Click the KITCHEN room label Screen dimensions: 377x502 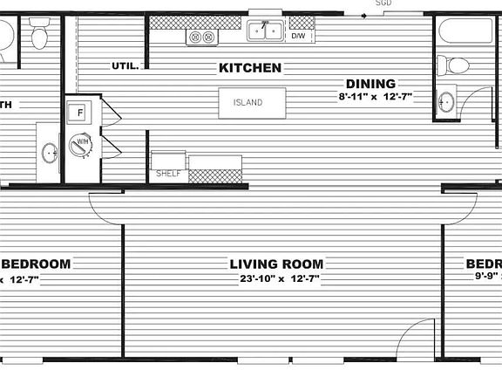coord(249,67)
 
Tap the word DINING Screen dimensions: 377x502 coord(370,84)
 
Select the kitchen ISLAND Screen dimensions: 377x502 coord(252,103)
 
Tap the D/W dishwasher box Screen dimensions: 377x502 coord(298,37)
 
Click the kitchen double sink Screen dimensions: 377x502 coord(265,31)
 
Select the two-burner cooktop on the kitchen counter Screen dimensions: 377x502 coord(201,37)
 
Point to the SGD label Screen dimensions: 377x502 coord(383,3)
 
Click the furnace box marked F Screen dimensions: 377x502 coord(79,113)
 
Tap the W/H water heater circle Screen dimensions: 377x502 coord(83,144)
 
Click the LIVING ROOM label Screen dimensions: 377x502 coord(276,264)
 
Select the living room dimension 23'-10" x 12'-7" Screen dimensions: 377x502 coord(280,279)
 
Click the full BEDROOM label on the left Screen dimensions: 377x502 coord(35,264)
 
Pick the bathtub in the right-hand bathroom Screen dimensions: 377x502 coord(467,32)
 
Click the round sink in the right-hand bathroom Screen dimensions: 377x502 coord(447,101)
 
